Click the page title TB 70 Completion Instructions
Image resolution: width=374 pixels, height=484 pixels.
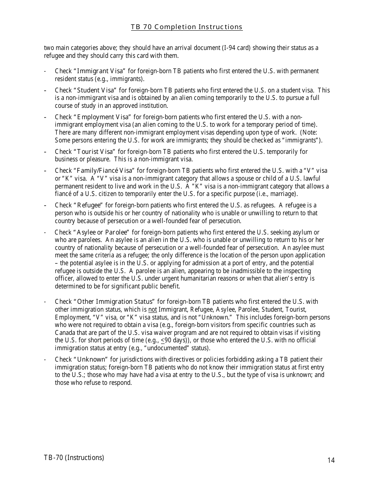point(187,27)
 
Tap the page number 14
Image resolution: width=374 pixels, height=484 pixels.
point(331,460)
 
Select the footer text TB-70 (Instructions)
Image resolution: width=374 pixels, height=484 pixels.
point(74,457)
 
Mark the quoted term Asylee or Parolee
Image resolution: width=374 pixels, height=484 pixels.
point(102,232)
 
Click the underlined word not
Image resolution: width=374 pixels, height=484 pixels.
point(152,309)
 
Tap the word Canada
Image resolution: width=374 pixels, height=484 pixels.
point(64,333)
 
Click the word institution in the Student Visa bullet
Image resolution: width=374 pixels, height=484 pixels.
point(153,105)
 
